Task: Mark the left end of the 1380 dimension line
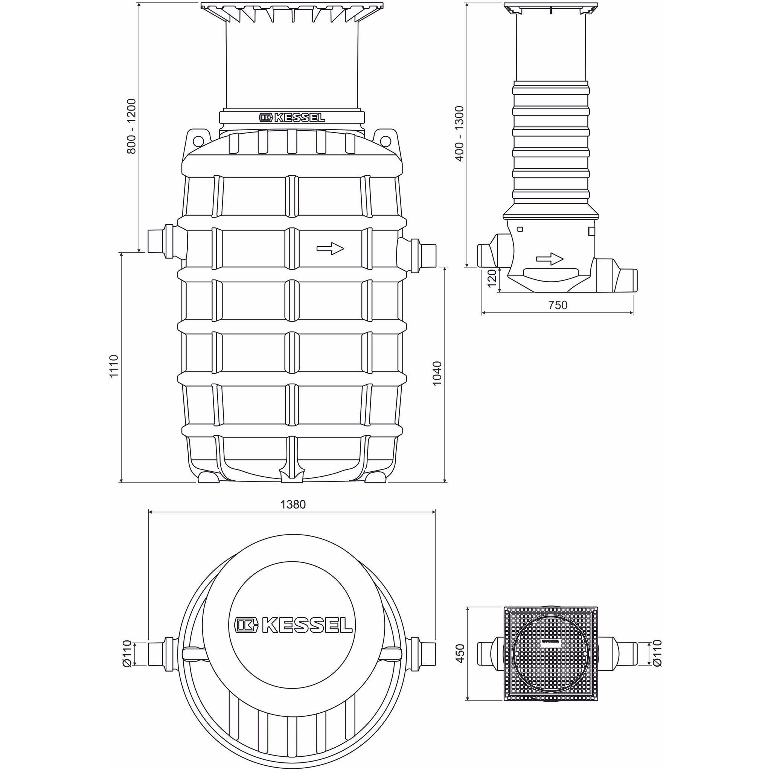tap(148, 512)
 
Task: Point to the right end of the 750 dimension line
tap(633, 312)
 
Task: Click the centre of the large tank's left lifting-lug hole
tap(197, 140)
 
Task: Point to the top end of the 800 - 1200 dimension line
tap(139, 3)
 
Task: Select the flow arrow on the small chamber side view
tap(550, 259)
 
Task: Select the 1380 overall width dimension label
tap(293, 504)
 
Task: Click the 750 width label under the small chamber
tap(558, 305)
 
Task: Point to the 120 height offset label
tap(492, 278)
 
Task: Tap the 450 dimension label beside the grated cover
tap(460, 654)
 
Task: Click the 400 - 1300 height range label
tap(459, 133)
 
